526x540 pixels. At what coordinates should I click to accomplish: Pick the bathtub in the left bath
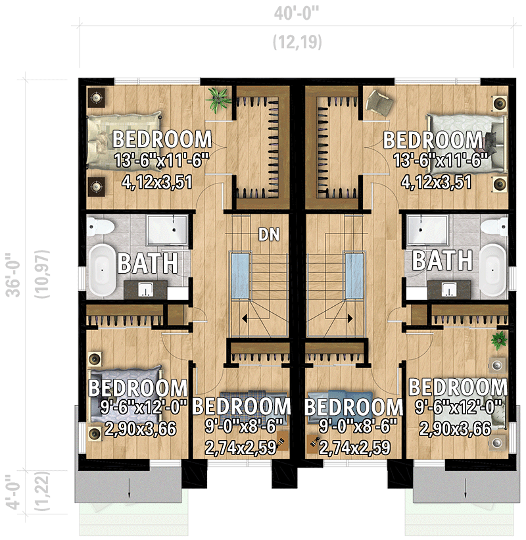pos(102,269)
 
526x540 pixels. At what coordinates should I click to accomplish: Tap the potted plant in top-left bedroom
pos(218,99)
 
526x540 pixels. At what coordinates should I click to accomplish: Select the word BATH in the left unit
pos(147,264)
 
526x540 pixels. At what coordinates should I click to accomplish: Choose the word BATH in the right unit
pos(442,260)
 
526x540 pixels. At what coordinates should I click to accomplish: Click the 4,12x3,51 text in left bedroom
pos(157,182)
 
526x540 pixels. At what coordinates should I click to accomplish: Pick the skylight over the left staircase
pos(239,277)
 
